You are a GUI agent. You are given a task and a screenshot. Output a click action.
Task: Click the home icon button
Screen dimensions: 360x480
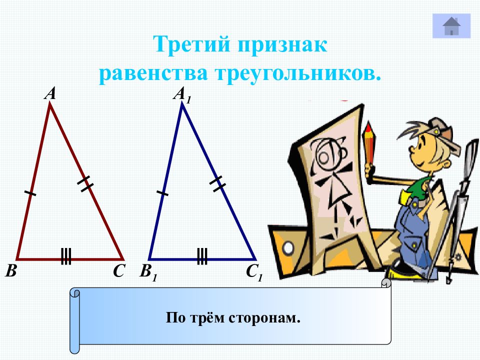coord(451,26)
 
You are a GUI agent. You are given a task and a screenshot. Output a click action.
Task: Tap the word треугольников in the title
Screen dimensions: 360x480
coord(298,73)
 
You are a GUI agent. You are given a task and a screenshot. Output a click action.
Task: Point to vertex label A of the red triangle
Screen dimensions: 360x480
coord(49,93)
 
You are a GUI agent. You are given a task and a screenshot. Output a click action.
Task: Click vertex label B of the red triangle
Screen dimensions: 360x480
coord(11,271)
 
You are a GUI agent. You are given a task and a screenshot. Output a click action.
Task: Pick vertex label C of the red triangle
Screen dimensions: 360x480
coord(118,271)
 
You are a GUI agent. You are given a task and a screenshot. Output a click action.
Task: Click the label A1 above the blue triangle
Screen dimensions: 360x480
coord(182,94)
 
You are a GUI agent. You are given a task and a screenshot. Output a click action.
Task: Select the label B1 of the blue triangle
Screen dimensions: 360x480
coord(148,272)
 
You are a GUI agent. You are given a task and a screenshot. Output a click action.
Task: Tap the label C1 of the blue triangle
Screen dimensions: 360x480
coord(254,273)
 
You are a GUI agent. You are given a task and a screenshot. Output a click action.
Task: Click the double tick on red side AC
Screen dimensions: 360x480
coord(85,183)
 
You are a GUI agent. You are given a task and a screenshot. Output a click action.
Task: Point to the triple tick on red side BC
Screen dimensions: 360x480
coord(66,256)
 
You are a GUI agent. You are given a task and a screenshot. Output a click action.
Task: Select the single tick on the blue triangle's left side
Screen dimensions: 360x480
coord(162,192)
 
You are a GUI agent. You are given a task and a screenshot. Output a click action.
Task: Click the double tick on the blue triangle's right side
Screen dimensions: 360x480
coord(217,183)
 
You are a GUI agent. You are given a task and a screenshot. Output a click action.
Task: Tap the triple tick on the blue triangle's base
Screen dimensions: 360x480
coord(202,256)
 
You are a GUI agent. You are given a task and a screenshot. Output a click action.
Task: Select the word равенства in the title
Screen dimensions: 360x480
coord(153,73)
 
